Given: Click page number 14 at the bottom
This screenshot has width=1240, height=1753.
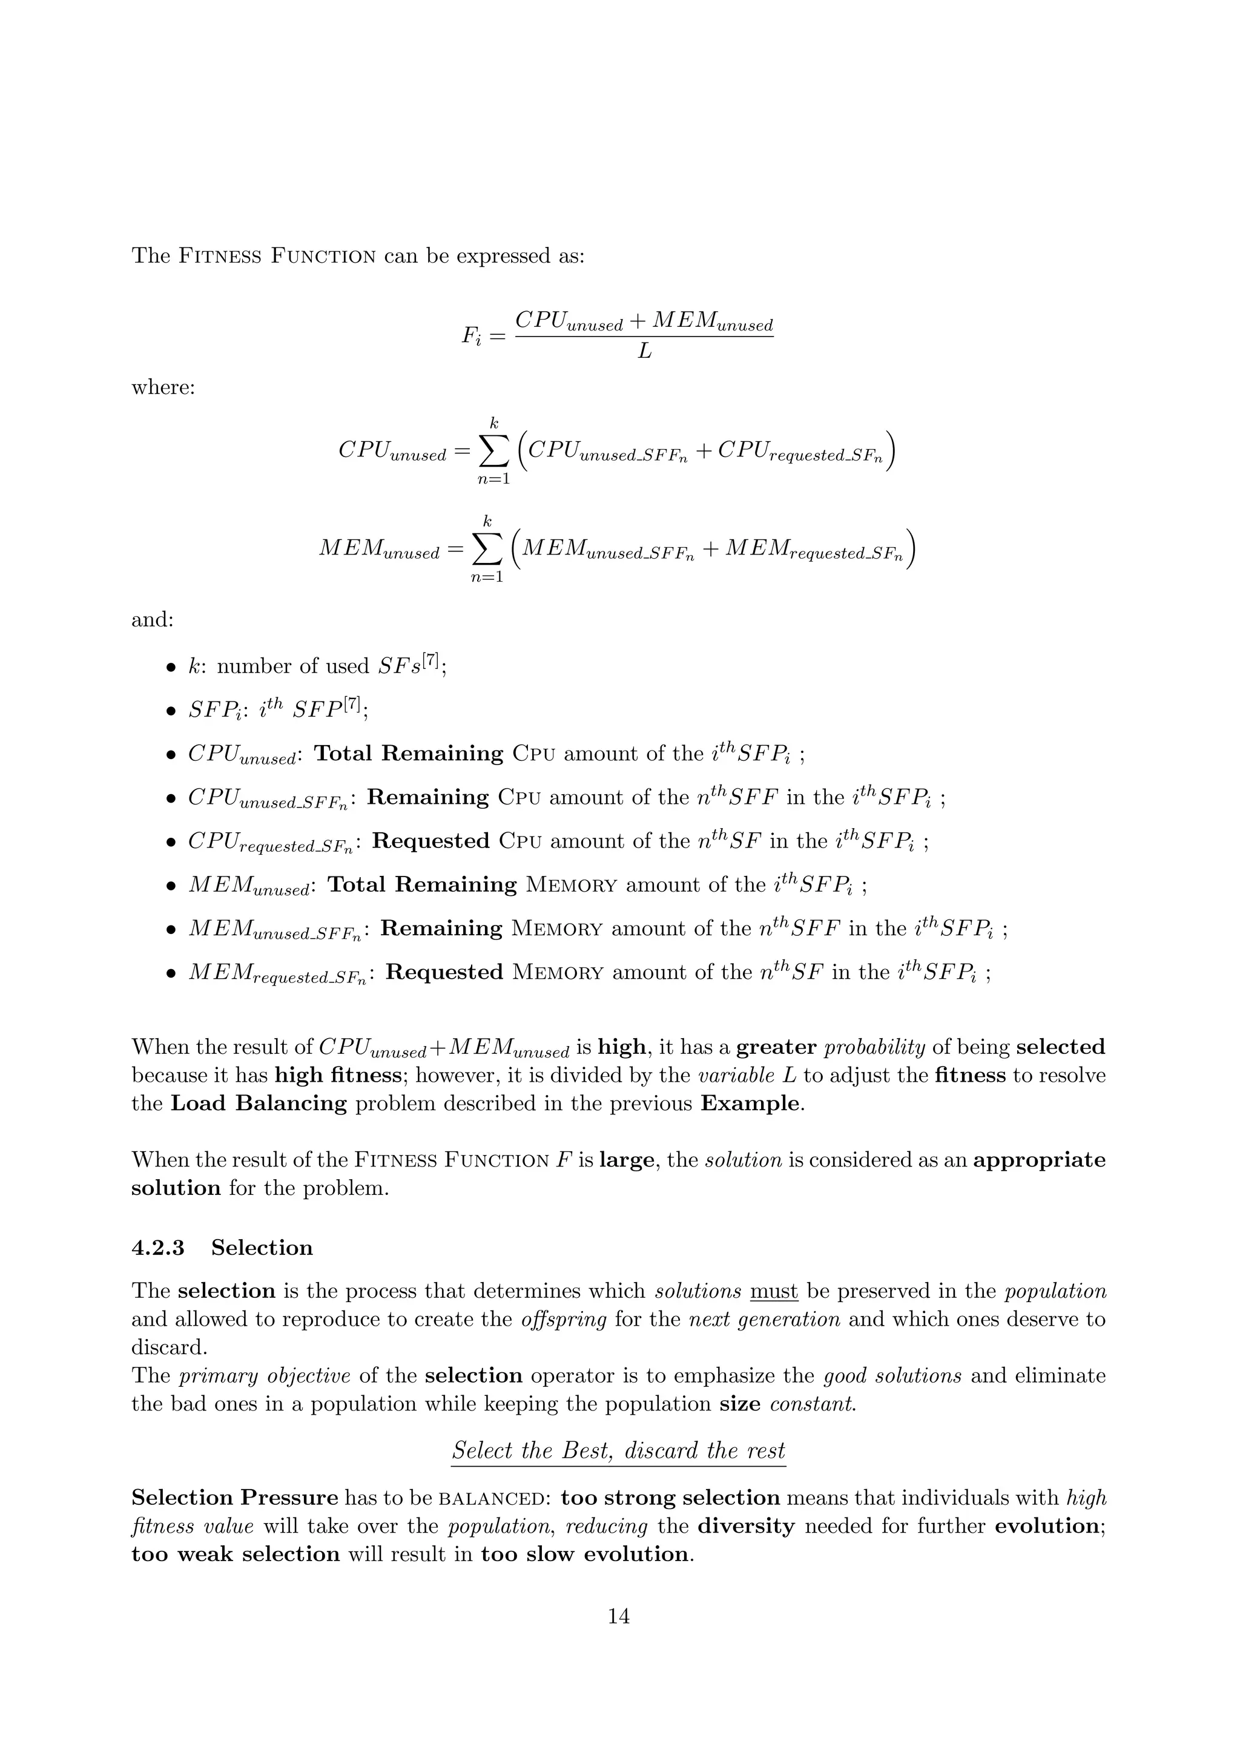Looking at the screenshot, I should (x=618, y=1616).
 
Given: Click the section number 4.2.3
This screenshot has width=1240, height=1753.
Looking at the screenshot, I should (x=157, y=1248).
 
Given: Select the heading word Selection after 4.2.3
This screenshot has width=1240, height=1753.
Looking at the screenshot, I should (x=262, y=1248).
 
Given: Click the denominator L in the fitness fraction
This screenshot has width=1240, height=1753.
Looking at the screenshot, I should (x=644, y=352).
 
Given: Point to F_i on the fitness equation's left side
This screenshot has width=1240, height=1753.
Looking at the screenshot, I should (x=472, y=336).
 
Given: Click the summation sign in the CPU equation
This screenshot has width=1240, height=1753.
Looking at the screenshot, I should (x=493, y=452).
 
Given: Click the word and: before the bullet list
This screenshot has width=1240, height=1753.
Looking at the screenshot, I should (x=153, y=619).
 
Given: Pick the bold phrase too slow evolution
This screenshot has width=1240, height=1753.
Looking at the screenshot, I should (x=585, y=1554).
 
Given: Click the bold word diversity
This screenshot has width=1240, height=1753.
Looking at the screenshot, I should (x=746, y=1526).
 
